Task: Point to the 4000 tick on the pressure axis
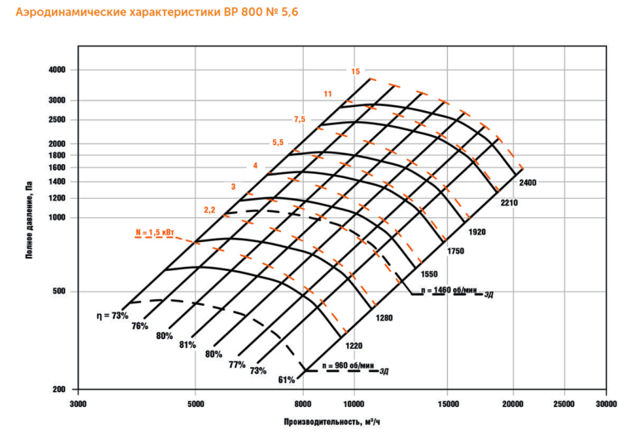click(56, 70)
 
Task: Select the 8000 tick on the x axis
click(303, 404)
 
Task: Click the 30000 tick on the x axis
click(607, 404)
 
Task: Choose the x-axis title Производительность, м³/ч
click(332, 423)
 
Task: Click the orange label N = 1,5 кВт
click(155, 233)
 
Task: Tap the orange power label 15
click(355, 71)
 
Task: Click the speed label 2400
click(529, 181)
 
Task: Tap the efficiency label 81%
click(186, 344)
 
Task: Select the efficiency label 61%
click(287, 379)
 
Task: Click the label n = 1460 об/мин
click(450, 290)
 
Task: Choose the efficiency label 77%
click(237, 365)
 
